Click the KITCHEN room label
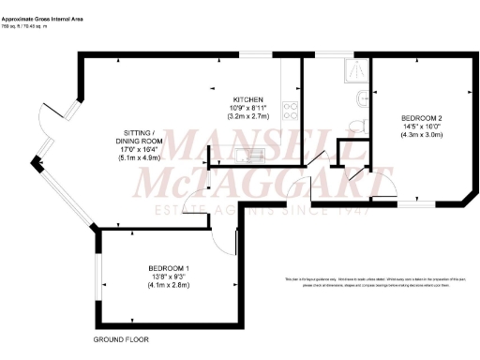(x=248, y=99)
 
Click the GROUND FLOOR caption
(x=121, y=338)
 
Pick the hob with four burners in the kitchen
(x=291, y=112)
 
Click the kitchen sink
(x=251, y=155)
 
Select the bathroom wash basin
(x=362, y=98)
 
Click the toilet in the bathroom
(x=355, y=124)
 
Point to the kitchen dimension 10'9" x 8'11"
(x=248, y=108)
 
